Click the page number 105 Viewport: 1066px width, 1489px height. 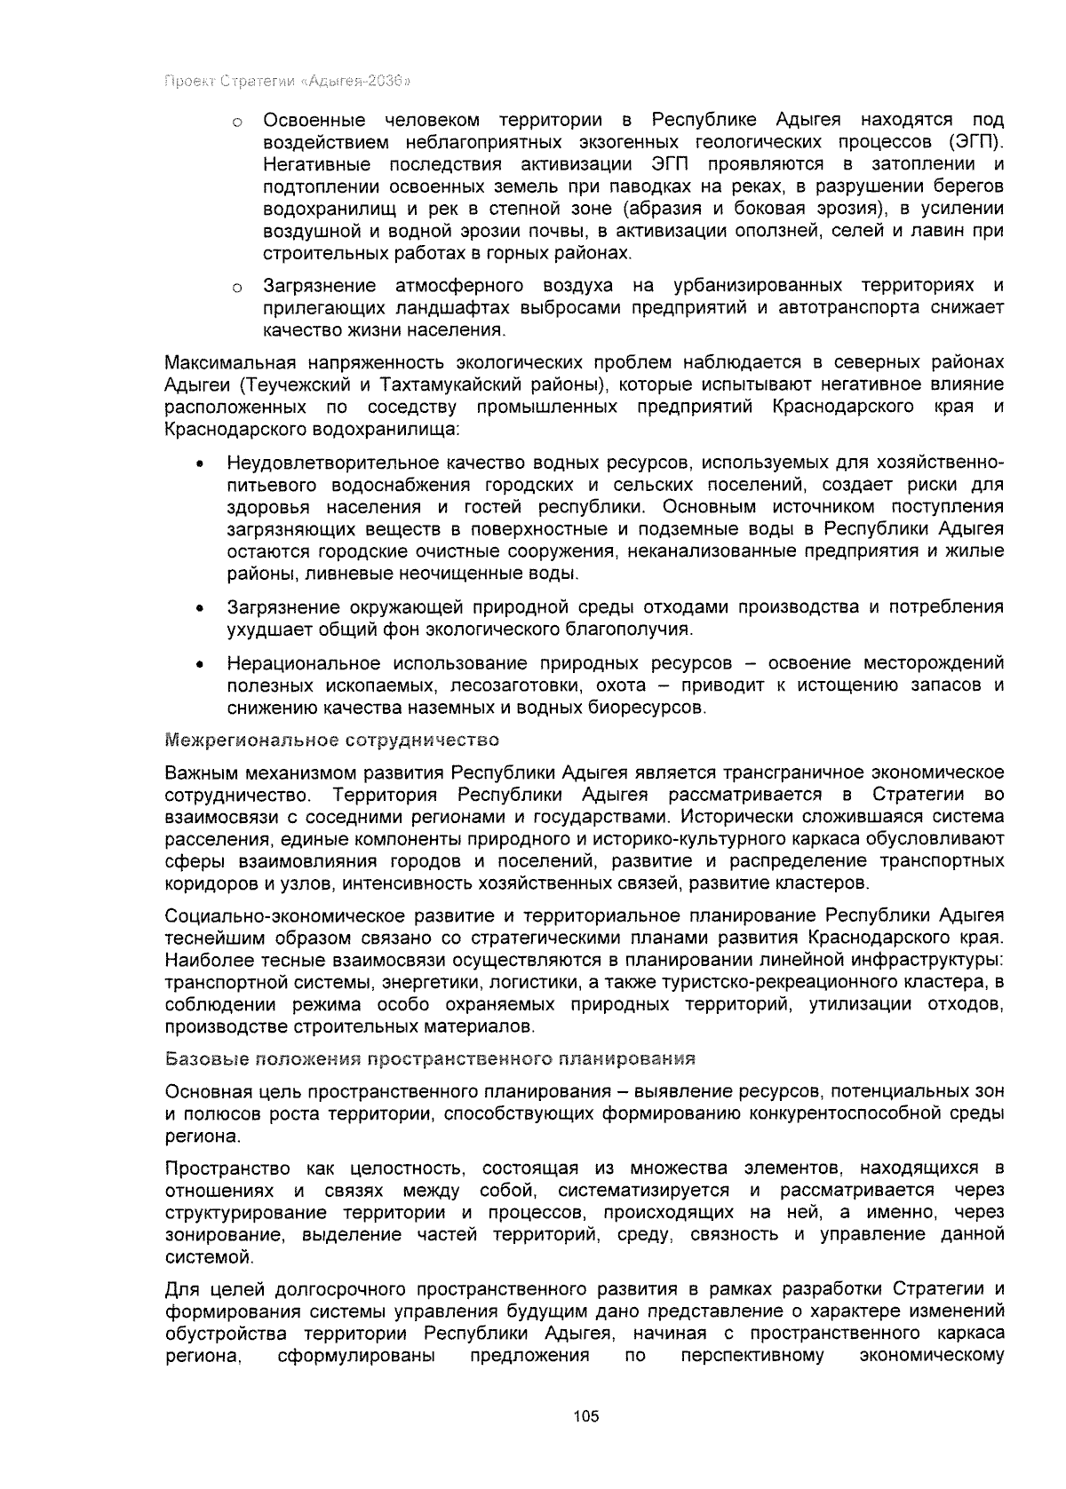coord(586,1416)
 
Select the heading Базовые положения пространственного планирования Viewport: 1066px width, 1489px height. coord(430,1058)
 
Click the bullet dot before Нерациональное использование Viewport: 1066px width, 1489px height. coord(203,665)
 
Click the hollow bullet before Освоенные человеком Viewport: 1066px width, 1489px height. coord(237,122)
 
